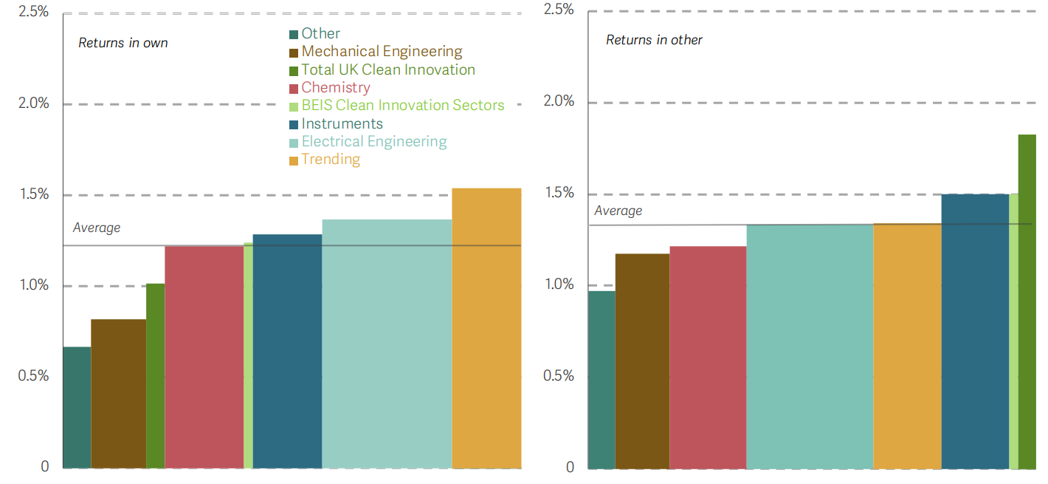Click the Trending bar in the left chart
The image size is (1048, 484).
pyautogui.click(x=486, y=329)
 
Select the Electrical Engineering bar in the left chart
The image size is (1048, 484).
pyautogui.click(x=387, y=344)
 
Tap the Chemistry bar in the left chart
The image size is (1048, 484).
pyautogui.click(x=204, y=357)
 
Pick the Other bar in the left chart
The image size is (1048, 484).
pyautogui.click(x=77, y=407)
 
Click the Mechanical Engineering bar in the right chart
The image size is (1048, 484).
pyautogui.click(x=642, y=361)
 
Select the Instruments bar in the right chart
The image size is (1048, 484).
pyautogui.click(x=975, y=331)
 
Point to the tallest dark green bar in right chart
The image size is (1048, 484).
pyautogui.click(x=1027, y=301)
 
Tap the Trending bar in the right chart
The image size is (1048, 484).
pyautogui.click(x=907, y=346)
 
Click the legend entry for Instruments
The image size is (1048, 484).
pyautogui.click(x=342, y=123)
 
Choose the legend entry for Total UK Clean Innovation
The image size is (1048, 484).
pyautogui.click(x=388, y=69)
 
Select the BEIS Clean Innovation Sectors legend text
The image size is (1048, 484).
pyautogui.click(x=403, y=106)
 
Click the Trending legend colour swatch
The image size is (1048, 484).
pyautogui.click(x=294, y=160)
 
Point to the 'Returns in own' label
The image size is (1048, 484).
pyautogui.click(x=123, y=43)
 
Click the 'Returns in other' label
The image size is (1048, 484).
pyautogui.click(x=654, y=40)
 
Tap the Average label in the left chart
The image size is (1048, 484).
pyautogui.click(x=97, y=228)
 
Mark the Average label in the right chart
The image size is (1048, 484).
pyautogui.click(x=618, y=211)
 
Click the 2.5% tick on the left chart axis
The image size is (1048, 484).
pyautogui.click(x=34, y=12)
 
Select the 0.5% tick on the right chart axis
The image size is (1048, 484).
pyautogui.click(x=559, y=375)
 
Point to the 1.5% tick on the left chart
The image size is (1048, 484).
pyautogui.click(x=34, y=194)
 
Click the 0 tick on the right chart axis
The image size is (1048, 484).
pyautogui.click(x=569, y=467)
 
